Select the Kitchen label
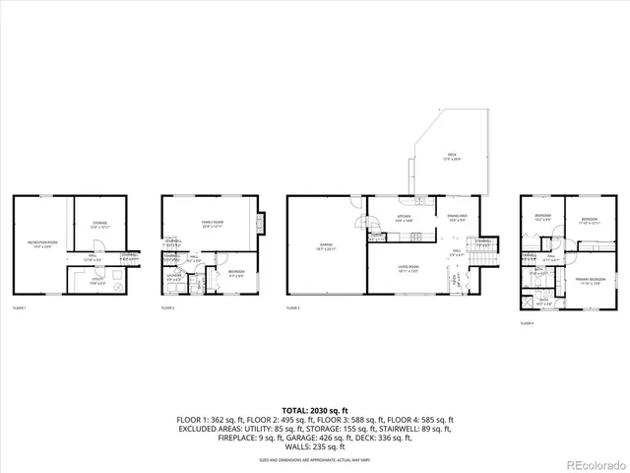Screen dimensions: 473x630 pos(404,218)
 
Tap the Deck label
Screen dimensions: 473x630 pos(453,157)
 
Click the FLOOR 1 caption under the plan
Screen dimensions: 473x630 pos(19,308)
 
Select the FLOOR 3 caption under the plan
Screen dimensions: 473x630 pos(293,308)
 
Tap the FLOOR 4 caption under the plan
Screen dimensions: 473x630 pos(527,322)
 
